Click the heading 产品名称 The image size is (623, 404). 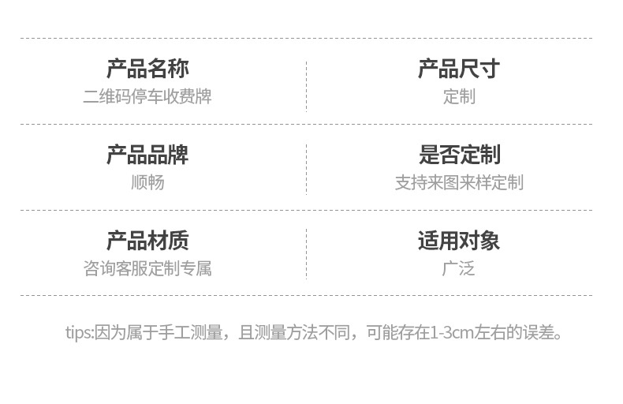click(x=147, y=69)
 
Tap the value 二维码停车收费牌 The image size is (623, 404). click(x=147, y=97)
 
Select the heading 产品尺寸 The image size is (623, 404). click(x=458, y=69)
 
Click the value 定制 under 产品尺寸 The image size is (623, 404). click(x=458, y=97)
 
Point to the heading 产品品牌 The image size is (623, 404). click(x=147, y=155)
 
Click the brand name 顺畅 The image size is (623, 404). click(x=147, y=183)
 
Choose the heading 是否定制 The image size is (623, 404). click(x=458, y=155)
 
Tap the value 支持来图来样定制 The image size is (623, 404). click(x=458, y=183)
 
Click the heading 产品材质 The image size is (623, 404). click(x=147, y=241)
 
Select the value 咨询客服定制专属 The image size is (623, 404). click(x=147, y=269)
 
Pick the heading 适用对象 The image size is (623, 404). click(x=458, y=241)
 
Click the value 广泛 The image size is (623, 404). click(x=458, y=269)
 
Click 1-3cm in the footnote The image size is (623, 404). click(x=452, y=332)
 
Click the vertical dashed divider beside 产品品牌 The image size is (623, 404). click(x=306, y=169)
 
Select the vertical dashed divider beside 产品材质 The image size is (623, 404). click(x=306, y=254)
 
